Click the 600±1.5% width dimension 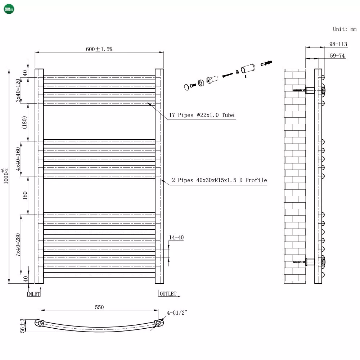(99, 49)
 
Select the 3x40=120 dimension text (18, 90)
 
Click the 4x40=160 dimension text (18, 159)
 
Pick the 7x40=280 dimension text (18, 245)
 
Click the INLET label (33, 294)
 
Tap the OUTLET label (168, 294)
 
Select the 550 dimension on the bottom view (99, 307)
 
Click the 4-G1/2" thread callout (177, 312)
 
